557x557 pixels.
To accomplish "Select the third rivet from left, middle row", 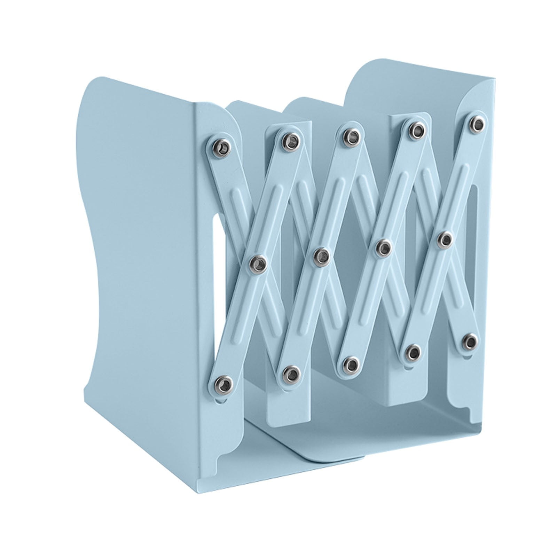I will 384,248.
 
